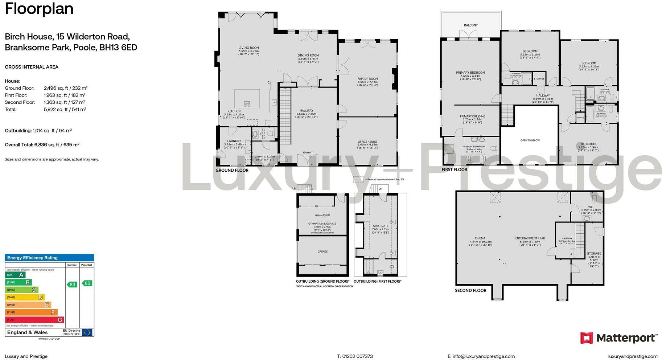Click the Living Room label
pyautogui.click(x=248, y=48)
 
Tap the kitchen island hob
pyautogui.click(x=247, y=104)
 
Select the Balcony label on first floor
pyautogui.click(x=470, y=25)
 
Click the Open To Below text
pyautogui.click(x=530, y=140)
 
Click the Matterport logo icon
pyautogui.click(x=587, y=338)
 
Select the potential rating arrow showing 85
pyautogui.click(x=87, y=283)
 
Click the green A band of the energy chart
pyautogui.click(x=15, y=275)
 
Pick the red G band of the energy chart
pyautogui.click(x=34, y=320)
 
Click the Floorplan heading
pyautogui.click(x=39, y=9)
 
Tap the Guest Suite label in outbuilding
pyautogui.click(x=380, y=226)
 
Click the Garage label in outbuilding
pyautogui.click(x=322, y=251)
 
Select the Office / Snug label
pyautogui.click(x=367, y=142)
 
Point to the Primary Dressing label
pyautogui.click(x=472, y=116)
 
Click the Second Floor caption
pyautogui.click(x=470, y=290)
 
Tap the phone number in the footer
pyautogui.click(x=355, y=356)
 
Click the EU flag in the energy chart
pyautogui.click(x=87, y=332)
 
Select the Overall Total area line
pyautogui.click(x=42, y=144)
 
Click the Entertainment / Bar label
pyautogui.click(x=530, y=238)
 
